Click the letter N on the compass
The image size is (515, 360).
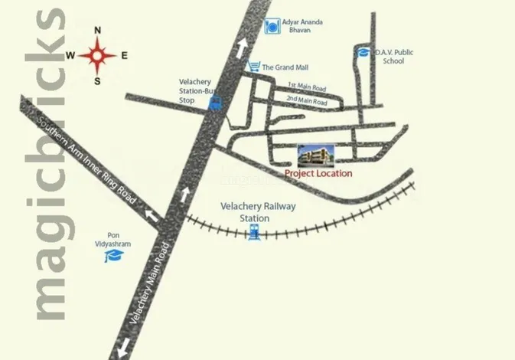(98, 31)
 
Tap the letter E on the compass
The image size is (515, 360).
(124, 55)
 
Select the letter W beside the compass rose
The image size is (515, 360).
(70, 55)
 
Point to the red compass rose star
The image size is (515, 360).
(98, 55)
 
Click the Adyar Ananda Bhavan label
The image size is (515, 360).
(303, 27)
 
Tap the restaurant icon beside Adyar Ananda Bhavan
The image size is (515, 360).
(270, 28)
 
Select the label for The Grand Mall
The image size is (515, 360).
(285, 67)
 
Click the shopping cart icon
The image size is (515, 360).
(254, 67)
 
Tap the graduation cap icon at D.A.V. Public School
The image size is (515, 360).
(362, 52)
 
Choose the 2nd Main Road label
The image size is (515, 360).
(306, 102)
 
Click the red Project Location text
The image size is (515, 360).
(318, 174)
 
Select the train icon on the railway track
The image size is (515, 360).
(253, 233)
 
